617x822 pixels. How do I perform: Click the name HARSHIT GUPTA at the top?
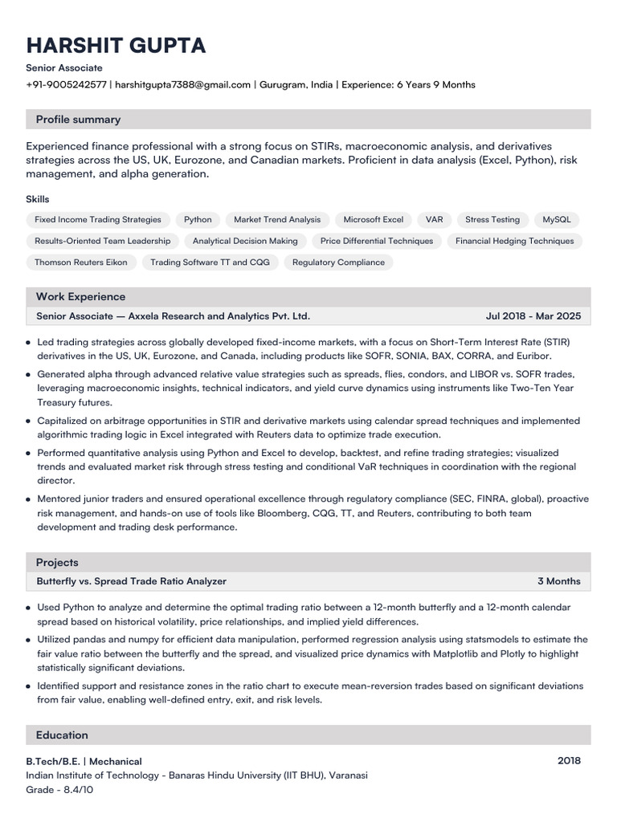[x=116, y=45]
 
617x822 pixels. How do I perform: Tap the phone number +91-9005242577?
[x=66, y=84]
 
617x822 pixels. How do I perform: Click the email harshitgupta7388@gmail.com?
[x=183, y=84]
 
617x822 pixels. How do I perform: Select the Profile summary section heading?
[x=78, y=120]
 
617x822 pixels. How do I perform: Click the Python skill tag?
[x=198, y=219]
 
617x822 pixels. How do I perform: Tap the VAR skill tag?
[x=435, y=219]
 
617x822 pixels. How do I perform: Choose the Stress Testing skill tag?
[x=492, y=219]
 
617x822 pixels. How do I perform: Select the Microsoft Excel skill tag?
[x=373, y=219]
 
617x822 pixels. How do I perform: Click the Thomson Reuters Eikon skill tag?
[x=81, y=262]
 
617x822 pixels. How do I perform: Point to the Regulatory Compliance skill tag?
[x=338, y=262]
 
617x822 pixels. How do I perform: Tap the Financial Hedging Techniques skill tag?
[x=514, y=241]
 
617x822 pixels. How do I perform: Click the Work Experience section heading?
[x=80, y=297]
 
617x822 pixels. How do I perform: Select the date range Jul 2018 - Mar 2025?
[x=533, y=316]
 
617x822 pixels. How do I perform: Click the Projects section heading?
[x=57, y=563]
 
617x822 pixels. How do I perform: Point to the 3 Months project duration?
[x=558, y=581]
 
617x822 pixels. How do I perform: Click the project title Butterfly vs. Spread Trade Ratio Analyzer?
[x=132, y=581]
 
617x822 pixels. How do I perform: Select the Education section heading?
[x=62, y=735]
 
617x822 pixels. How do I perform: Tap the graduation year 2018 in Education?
[x=569, y=761]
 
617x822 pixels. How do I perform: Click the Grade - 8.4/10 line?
[x=59, y=790]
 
